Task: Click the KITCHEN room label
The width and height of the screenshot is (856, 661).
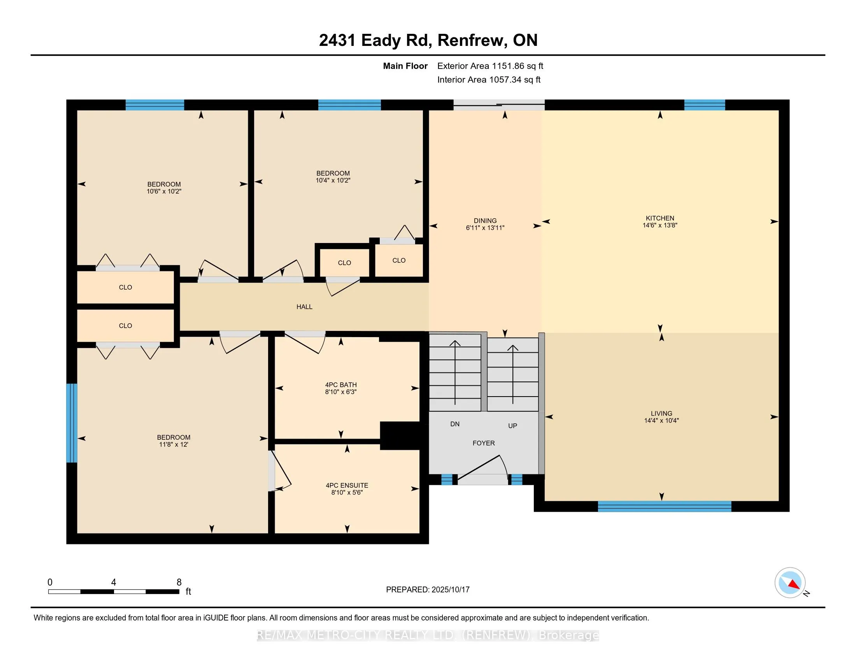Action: tap(660, 218)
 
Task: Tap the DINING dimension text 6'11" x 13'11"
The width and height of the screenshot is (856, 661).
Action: tap(485, 228)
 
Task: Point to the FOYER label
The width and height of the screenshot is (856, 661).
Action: tap(484, 443)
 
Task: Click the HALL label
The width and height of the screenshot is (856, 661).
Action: tap(305, 307)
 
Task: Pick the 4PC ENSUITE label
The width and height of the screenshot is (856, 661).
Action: tap(347, 485)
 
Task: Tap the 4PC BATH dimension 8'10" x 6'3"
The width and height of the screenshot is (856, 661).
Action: tap(340, 392)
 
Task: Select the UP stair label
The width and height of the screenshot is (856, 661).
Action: tap(513, 426)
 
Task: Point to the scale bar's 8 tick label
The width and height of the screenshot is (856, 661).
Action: tap(179, 582)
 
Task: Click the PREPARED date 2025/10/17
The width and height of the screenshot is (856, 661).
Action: tap(450, 589)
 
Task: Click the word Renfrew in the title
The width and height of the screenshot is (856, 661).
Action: tap(470, 40)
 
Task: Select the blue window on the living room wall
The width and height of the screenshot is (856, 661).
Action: tap(665, 506)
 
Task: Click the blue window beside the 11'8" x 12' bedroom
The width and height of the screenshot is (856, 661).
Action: tap(72, 423)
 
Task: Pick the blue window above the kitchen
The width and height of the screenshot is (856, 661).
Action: tap(705, 105)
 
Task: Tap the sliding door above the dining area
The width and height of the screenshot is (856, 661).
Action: tap(499, 105)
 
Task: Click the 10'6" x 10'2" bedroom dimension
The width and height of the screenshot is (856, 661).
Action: tap(164, 191)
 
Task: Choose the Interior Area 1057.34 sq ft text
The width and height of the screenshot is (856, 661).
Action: tap(489, 79)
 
